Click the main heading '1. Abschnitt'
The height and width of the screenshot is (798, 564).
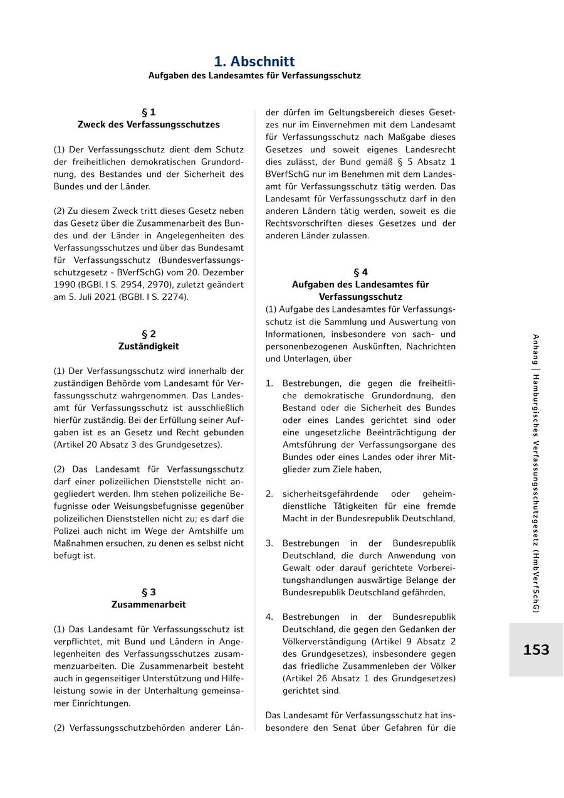coord(254,61)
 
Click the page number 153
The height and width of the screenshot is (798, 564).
coord(536,650)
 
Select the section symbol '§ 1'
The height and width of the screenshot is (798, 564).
coord(149,112)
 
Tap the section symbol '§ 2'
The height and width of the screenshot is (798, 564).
coord(149,334)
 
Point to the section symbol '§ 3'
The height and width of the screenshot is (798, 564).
coord(149,592)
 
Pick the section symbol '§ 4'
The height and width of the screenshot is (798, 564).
coord(360,272)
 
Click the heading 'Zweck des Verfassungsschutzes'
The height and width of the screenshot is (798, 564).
coord(149,125)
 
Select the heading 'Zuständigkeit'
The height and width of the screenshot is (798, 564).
coord(149,346)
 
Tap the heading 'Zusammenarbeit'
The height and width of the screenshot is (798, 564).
coord(149,605)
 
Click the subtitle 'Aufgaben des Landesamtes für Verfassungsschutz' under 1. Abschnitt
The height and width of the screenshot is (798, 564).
coord(254,75)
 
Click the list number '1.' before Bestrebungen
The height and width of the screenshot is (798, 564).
coord(269,383)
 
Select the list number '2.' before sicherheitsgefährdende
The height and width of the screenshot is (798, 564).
coord(269,494)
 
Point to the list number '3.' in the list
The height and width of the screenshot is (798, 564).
coord(269,543)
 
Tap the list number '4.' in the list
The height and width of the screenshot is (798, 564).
coord(269,617)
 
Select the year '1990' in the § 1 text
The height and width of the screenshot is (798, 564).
coord(65,285)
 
